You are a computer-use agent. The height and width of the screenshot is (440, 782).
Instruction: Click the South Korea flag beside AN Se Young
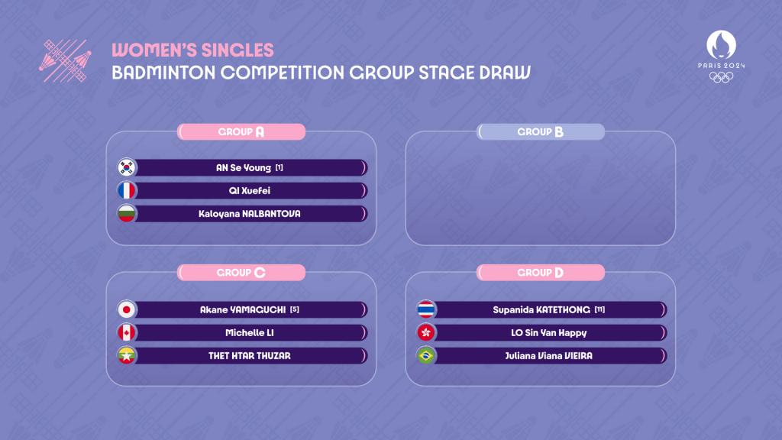(x=127, y=167)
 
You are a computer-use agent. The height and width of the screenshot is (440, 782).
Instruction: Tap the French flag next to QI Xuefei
(x=127, y=190)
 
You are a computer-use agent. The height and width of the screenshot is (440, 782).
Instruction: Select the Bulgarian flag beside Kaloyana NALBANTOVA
(x=127, y=214)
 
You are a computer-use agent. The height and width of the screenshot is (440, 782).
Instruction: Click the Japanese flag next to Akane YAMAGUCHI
(x=127, y=310)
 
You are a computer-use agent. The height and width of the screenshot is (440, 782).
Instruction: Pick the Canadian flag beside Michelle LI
(x=127, y=333)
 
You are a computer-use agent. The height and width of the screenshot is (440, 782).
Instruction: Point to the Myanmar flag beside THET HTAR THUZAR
(x=127, y=356)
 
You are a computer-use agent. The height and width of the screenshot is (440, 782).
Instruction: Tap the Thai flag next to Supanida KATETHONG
(x=426, y=310)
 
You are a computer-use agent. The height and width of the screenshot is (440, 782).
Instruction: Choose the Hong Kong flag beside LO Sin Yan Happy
(x=426, y=333)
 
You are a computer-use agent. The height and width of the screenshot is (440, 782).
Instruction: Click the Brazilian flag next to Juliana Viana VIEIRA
(x=426, y=356)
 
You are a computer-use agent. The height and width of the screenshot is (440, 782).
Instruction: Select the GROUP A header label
(x=241, y=131)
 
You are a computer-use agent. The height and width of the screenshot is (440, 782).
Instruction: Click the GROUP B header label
(x=541, y=131)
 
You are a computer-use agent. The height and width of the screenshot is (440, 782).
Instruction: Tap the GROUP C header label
(x=241, y=273)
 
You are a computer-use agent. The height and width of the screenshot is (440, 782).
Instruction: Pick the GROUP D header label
(x=541, y=273)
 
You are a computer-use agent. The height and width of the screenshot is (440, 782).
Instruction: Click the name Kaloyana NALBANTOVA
(x=250, y=214)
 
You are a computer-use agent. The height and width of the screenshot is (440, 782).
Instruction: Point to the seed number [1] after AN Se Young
(x=280, y=167)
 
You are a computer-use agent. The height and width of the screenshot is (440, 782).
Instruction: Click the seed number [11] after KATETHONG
(x=599, y=310)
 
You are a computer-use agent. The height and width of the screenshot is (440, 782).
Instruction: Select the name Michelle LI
(x=250, y=333)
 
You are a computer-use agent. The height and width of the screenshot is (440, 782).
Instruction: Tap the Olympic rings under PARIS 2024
(x=721, y=77)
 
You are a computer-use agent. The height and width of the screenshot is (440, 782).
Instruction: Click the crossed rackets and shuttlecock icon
(x=66, y=61)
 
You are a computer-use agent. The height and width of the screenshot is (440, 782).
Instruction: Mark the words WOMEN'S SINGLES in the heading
(x=192, y=50)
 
